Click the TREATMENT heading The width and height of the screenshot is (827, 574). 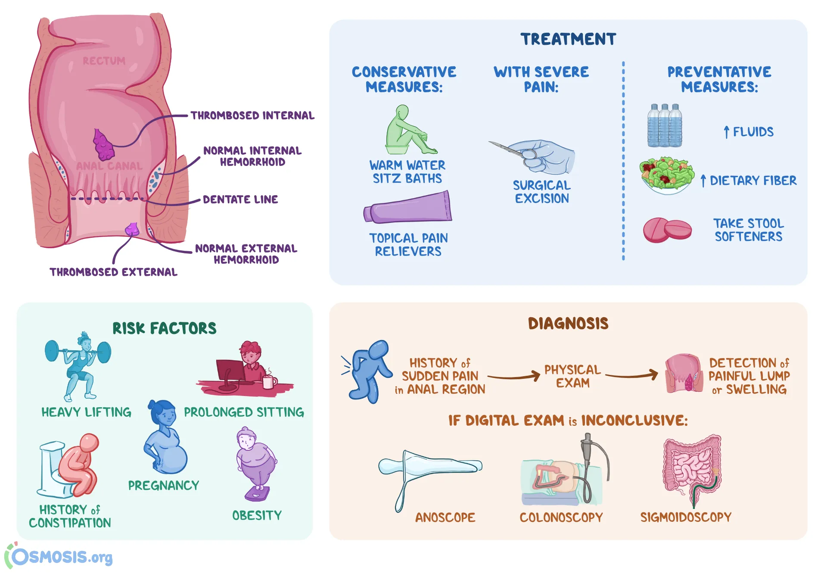tap(568, 39)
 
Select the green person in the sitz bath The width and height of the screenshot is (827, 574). tap(407, 131)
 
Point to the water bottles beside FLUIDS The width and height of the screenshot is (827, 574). tap(664, 126)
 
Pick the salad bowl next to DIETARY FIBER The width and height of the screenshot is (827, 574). tap(666, 175)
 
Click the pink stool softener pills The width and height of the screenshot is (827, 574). tap(667, 230)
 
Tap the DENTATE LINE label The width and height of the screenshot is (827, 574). tap(240, 200)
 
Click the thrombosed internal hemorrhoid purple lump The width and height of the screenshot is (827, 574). tap(103, 145)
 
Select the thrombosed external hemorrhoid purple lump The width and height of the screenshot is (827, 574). tap(132, 229)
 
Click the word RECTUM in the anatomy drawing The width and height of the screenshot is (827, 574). tap(104, 61)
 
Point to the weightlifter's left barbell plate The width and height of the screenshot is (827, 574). tap(52, 351)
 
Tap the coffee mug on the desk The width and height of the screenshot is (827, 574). tap(268, 381)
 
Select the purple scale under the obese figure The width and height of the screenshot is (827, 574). tap(258, 494)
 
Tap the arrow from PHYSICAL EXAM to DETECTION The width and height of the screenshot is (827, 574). tap(632, 375)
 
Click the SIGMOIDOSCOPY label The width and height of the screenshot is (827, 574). tap(686, 517)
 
